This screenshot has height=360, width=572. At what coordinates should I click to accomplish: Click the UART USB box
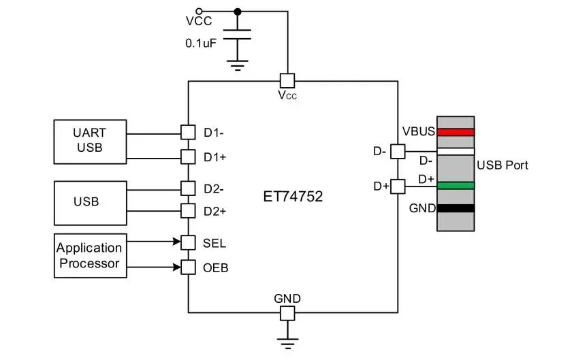tap(89, 142)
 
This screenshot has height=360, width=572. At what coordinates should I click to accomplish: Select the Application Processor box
tap(89, 255)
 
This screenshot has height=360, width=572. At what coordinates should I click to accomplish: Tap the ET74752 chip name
tap(293, 197)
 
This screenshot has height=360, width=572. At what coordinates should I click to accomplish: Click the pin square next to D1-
tap(188, 132)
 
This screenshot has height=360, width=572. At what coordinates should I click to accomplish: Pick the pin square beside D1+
tap(188, 157)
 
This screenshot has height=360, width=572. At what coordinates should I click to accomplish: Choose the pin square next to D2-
tap(188, 188)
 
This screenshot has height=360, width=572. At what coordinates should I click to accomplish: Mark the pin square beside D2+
tap(188, 211)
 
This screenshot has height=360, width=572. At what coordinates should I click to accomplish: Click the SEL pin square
tap(188, 242)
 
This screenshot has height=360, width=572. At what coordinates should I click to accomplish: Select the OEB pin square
tap(188, 267)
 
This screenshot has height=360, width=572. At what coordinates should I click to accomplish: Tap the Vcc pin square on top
tap(287, 80)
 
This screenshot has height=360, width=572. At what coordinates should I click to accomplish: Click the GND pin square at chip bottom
tap(287, 313)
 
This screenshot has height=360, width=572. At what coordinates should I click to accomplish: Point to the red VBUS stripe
tap(456, 132)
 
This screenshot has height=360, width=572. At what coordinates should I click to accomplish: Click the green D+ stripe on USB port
tap(456, 185)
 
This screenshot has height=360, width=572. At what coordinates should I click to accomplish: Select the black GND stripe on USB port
tap(456, 208)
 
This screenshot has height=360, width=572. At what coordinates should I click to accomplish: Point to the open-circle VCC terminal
tap(199, 11)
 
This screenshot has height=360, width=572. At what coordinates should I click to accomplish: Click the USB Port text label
tap(503, 165)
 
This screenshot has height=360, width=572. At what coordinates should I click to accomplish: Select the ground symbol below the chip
tap(287, 342)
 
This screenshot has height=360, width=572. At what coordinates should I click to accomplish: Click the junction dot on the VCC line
tap(237, 11)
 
